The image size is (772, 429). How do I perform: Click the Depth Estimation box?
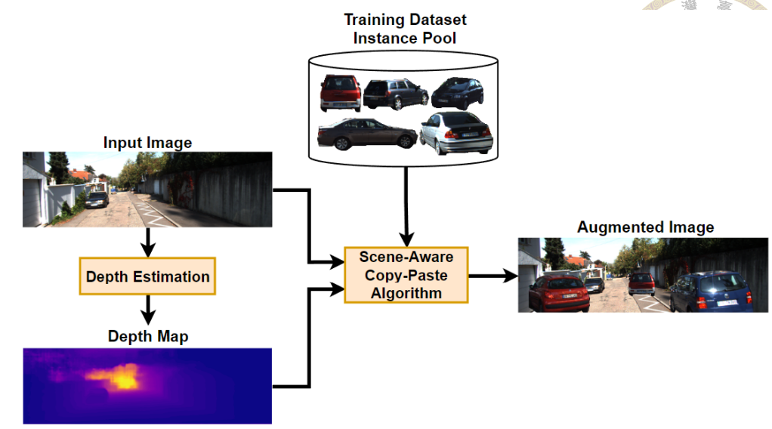pyautogui.click(x=148, y=276)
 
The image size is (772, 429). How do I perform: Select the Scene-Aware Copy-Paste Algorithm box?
pyautogui.click(x=406, y=275)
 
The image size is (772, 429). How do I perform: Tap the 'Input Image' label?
pyautogui.click(x=148, y=142)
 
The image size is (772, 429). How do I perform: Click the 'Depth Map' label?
pyautogui.click(x=148, y=336)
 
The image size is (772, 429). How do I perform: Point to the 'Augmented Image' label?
pyautogui.click(x=645, y=227)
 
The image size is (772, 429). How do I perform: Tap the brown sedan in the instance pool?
pyautogui.click(x=367, y=134)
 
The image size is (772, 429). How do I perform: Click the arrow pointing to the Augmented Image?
pyautogui.click(x=491, y=276)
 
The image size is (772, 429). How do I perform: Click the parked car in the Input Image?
pyautogui.click(x=97, y=200)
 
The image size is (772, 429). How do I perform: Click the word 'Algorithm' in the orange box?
pyautogui.click(x=406, y=293)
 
